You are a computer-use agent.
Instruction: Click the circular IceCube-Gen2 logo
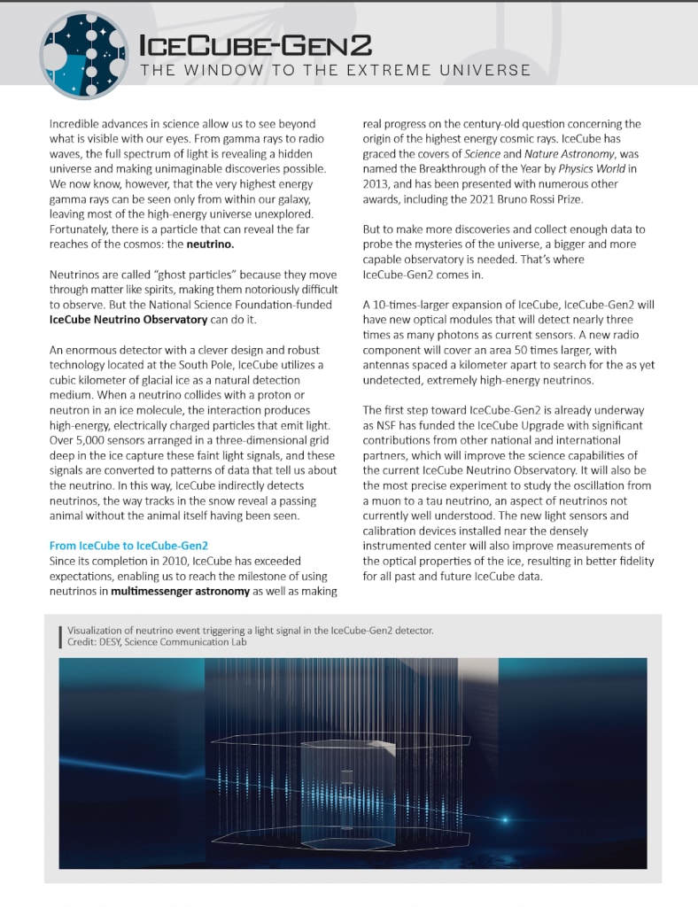click(84, 54)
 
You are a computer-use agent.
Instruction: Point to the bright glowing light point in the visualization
click(508, 818)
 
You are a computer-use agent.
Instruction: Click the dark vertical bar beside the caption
click(59, 635)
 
